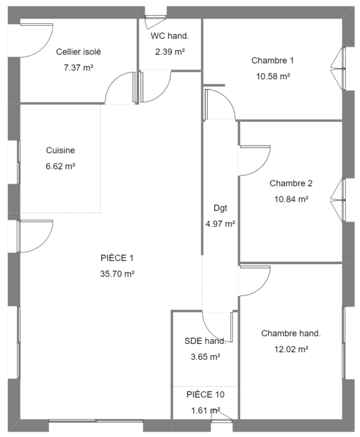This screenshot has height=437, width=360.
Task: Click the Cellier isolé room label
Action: (78, 52)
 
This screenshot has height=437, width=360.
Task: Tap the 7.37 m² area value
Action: (78, 68)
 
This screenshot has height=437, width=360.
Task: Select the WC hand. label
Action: (170, 36)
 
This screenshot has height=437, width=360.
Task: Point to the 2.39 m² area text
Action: (170, 52)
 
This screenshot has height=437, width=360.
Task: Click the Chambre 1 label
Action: (272, 61)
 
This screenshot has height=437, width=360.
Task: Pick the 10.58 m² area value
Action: (273, 76)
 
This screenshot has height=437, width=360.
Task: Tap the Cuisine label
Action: (61, 150)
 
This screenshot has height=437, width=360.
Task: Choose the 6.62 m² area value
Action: (61, 166)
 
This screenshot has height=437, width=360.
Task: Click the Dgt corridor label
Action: (220, 208)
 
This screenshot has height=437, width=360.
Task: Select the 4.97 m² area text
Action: (220, 224)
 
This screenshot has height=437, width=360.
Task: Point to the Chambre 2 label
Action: (291, 184)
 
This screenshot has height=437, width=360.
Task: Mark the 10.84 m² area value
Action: (291, 199)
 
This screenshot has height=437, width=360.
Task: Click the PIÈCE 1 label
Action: (117, 258)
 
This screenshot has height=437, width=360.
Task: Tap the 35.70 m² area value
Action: (118, 274)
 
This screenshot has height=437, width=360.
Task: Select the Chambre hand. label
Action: (291, 333)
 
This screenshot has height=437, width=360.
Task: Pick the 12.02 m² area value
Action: (291, 349)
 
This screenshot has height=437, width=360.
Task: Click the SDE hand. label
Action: (205, 341)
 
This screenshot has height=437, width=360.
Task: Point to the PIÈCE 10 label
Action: (205, 394)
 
